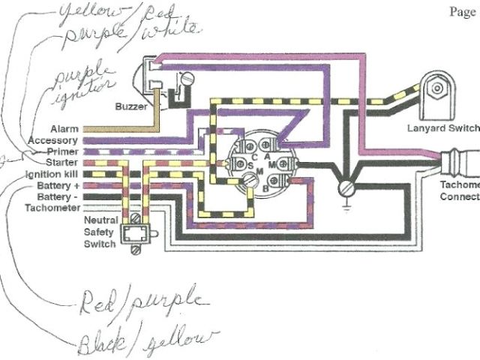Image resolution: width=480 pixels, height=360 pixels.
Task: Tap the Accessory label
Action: click(x=52, y=140)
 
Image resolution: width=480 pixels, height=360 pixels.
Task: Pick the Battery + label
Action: click(x=57, y=184)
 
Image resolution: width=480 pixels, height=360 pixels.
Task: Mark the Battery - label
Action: click(x=58, y=196)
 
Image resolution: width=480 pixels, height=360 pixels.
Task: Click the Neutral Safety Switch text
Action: click(x=99, y=233)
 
